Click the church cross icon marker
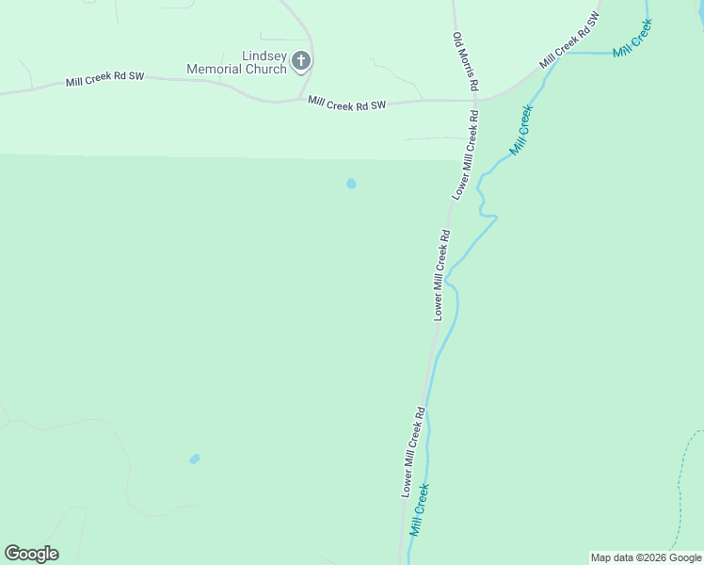pos(300,61)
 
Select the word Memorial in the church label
pos(216,69)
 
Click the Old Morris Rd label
pos(466,62)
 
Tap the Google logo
pos(31,554)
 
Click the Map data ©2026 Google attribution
pos(646,557)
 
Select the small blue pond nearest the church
pos(351,184)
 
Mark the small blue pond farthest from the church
pos(195,459)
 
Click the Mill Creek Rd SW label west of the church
pos(104,81)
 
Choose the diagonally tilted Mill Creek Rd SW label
pos(569,40)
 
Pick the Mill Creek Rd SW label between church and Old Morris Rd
pos(347,104)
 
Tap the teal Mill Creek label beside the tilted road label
pos(632,39)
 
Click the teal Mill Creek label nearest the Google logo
pos(420,509)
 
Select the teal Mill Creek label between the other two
pos(521,130)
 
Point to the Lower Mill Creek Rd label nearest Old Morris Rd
pos(467,155)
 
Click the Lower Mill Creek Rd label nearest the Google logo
pos(414,452)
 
